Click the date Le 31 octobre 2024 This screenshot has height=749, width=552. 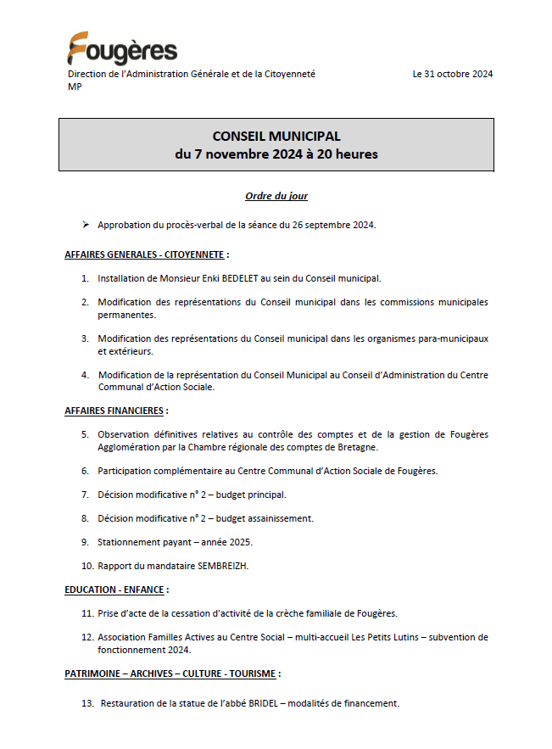pos(452,75)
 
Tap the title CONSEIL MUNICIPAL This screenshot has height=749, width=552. pos(276,136)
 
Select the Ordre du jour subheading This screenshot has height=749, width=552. pos(276,196)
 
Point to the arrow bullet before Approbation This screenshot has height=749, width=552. pos(86,225)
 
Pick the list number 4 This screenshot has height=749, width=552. pos(85,374)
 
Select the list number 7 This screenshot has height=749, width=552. pos(85,494)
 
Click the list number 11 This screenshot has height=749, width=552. pos(87,612)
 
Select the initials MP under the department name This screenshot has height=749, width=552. pos(75,87)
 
